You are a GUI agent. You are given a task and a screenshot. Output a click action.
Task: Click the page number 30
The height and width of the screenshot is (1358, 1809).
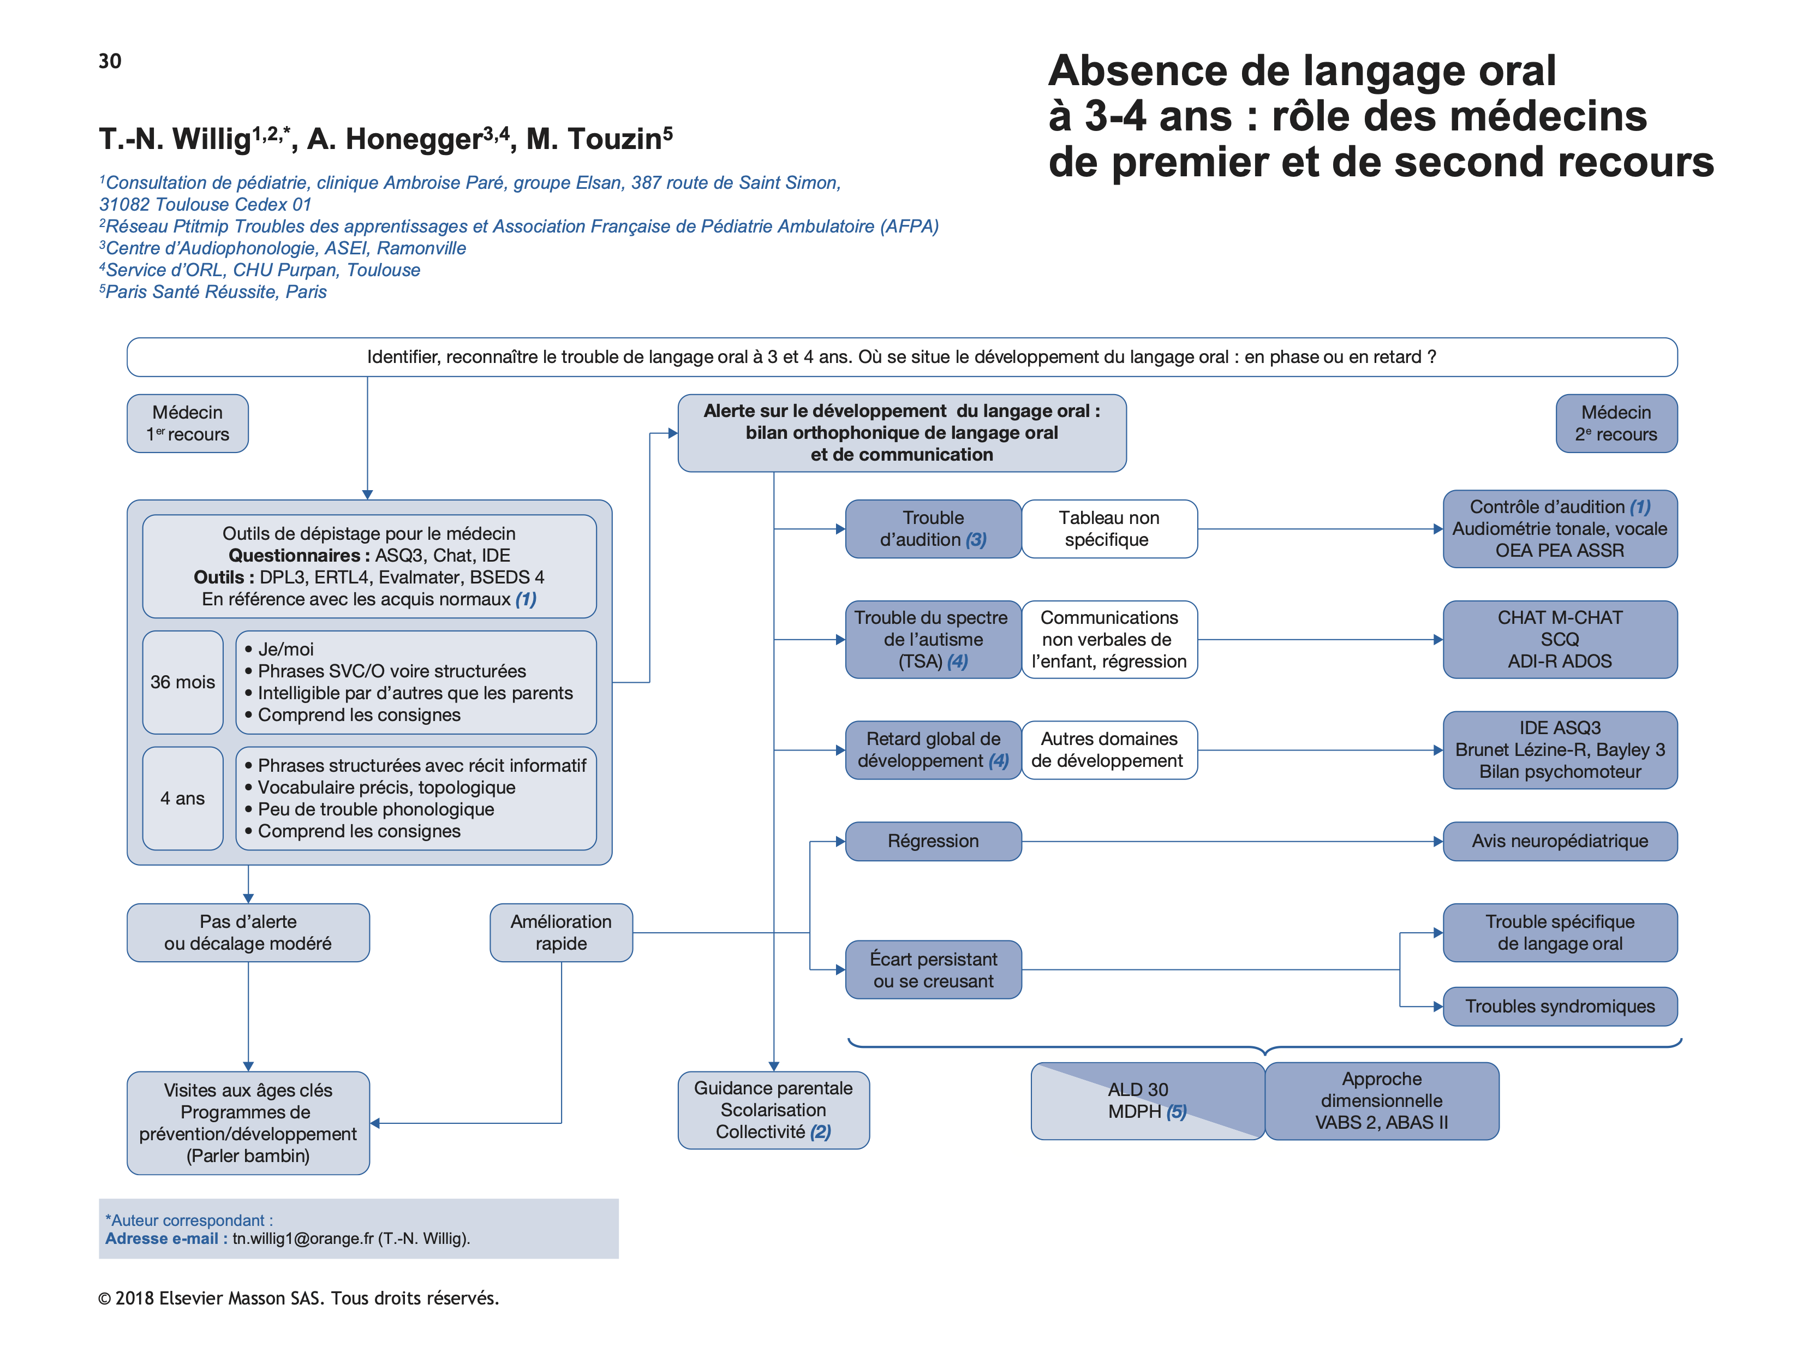click(x=110, y=61)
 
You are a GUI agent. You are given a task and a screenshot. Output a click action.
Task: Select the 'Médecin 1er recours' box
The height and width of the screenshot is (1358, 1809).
click(x=187, y=423)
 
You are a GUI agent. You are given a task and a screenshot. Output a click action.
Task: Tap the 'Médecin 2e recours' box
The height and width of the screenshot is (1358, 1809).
click(x=1615, y=423)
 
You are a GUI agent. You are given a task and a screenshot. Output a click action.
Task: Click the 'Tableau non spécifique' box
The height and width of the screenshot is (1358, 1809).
click(x=1108, y=528)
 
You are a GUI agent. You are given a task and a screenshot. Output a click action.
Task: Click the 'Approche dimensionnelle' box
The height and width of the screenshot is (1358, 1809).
click(x=1381, y=1100)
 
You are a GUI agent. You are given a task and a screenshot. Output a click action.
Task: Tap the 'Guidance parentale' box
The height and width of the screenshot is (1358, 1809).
click(x=773, y=1109)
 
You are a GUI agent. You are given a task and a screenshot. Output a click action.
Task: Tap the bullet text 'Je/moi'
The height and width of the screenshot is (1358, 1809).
click(x=285, y=649)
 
